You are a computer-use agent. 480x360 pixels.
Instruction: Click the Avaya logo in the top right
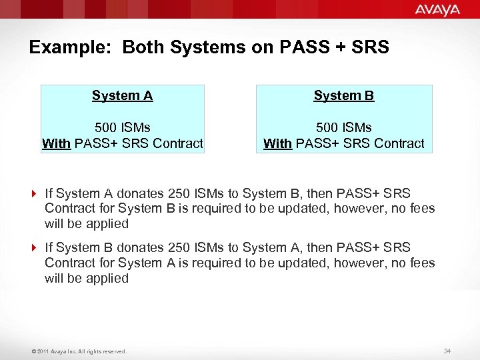coord(437,9)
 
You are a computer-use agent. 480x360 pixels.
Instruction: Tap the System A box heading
coord(123,95)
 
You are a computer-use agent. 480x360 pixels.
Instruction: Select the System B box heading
coord(344,95)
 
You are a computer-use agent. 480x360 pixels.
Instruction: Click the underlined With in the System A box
coord(56,143)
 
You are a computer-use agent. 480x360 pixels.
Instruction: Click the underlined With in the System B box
coord(277,143)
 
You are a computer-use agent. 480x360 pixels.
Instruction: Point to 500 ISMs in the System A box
coord(123,127)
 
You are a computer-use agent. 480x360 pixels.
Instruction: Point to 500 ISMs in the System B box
coord(344,127)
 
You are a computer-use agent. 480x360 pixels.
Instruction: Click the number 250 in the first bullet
coord(179,193)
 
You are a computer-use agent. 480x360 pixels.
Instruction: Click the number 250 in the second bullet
coord(179,248)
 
